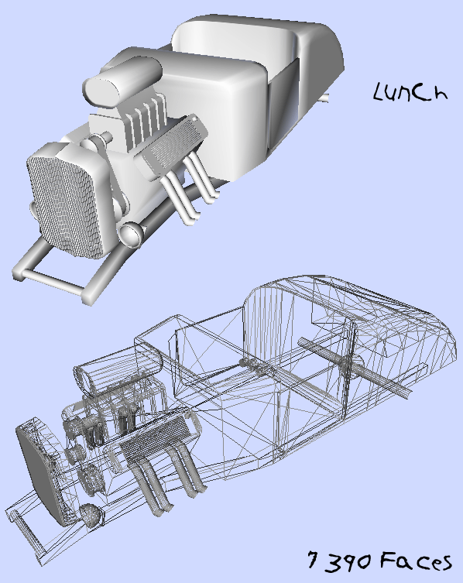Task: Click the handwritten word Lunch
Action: coord(410,92)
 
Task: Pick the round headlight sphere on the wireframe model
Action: coord(91,516)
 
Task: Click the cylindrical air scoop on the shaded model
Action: coord(122,83)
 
